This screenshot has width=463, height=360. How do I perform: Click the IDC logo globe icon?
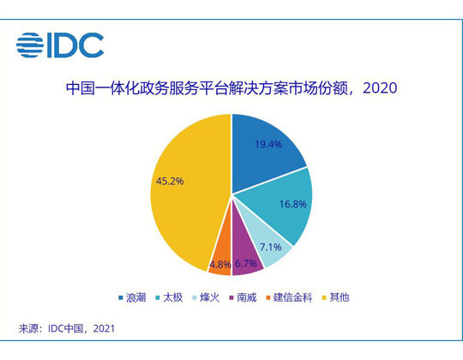(30, 45)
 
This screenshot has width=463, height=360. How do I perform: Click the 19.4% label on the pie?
(268, 144)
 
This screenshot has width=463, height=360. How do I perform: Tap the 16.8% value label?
(293, 204)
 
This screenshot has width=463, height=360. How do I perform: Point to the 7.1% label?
(270, 247)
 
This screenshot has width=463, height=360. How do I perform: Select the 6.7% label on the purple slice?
(246, 263)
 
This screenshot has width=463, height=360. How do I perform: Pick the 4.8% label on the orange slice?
(220, 264)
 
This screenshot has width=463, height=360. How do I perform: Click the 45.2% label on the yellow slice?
(170, 181)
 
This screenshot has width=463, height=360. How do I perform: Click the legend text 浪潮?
(136, 297)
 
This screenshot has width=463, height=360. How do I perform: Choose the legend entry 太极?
(173, 297)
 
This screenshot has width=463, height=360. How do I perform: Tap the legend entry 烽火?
(210, 297)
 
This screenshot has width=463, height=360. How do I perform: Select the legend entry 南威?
(247, 297)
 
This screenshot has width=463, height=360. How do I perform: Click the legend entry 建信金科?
(292, 297)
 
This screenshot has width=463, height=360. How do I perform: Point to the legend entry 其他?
(340, 297)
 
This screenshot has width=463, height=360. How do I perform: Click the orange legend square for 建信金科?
(268, 297)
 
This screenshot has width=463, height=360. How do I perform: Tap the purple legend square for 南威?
(231, 297)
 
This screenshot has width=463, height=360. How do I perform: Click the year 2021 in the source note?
(104, 329)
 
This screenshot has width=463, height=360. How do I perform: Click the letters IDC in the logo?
(75, 45)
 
